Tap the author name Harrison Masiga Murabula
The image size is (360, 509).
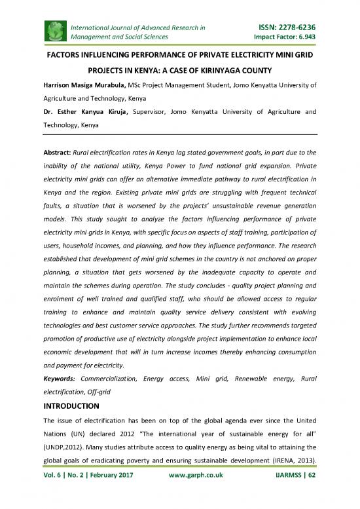click(90, 85)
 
